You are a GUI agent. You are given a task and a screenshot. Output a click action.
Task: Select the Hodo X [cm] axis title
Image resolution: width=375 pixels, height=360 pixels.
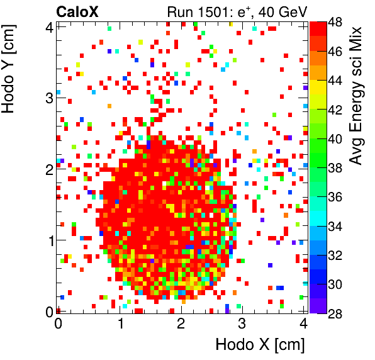(260, 345)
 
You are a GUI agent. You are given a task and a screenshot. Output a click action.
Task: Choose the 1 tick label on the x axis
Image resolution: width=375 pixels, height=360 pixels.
(119, 323)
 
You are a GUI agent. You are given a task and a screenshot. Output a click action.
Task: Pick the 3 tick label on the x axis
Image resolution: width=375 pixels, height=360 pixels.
(242, 323)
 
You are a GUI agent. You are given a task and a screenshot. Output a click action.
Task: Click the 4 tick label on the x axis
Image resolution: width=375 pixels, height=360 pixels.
(303, 323)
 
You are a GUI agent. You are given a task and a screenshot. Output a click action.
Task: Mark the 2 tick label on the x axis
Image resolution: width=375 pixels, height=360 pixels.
(181, 323)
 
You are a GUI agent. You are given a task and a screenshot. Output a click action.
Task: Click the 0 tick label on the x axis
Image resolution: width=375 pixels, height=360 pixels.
(58, 323)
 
